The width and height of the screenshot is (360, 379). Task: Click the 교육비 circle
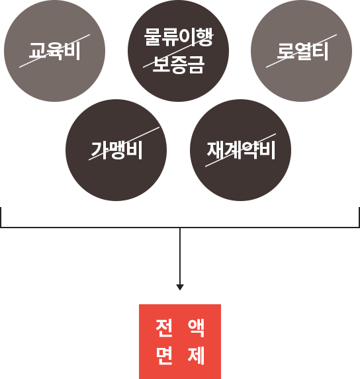pyautogui.click(x=54, y=51)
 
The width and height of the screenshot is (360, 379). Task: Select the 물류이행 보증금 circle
pyautogui.click(x=178, y=51)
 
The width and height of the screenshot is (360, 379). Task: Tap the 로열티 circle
pyautogui.click(x=301, y=51)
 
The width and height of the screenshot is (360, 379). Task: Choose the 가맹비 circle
pyautogui.click(x=116, y=150)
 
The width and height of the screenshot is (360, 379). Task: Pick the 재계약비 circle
pyautogui.click(x=241, y=150)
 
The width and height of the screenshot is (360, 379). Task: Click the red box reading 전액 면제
pyautogui.click(x=180, y=341)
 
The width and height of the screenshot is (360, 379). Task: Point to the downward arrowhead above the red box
pyautogui.click(x=180, y=287)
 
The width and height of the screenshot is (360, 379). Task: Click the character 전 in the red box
pyautogui.click(x=164, y=328)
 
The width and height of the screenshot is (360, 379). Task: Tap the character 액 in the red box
pyautogui.click(x=196, y=328)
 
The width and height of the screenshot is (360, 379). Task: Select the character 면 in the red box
pyautogui.click(x=164, y=355)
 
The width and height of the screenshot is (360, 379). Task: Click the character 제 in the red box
pyautogui.click(x=196, y=355)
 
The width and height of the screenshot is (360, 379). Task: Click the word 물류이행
pyautogui.click(x=179, y=37)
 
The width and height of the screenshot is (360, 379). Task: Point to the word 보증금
pyautogui.click(x=179, y=64)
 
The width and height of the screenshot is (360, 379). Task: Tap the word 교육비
pyautogui.click(x=54, y=51)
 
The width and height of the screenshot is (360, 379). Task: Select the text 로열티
pyautogui.click(x=302, y=51)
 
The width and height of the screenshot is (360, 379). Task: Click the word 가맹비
pyautogui.click(x=116, y=150)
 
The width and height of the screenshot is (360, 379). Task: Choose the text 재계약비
pyautogui.click(x=241, y=150)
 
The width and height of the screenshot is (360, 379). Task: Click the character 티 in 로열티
pyautogui.click(x=320, y=51)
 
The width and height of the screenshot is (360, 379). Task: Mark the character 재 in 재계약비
pyautogui.click(x=215, y=150)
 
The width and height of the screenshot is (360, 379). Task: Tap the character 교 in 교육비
pyautogui.click(x=37, y=51)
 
